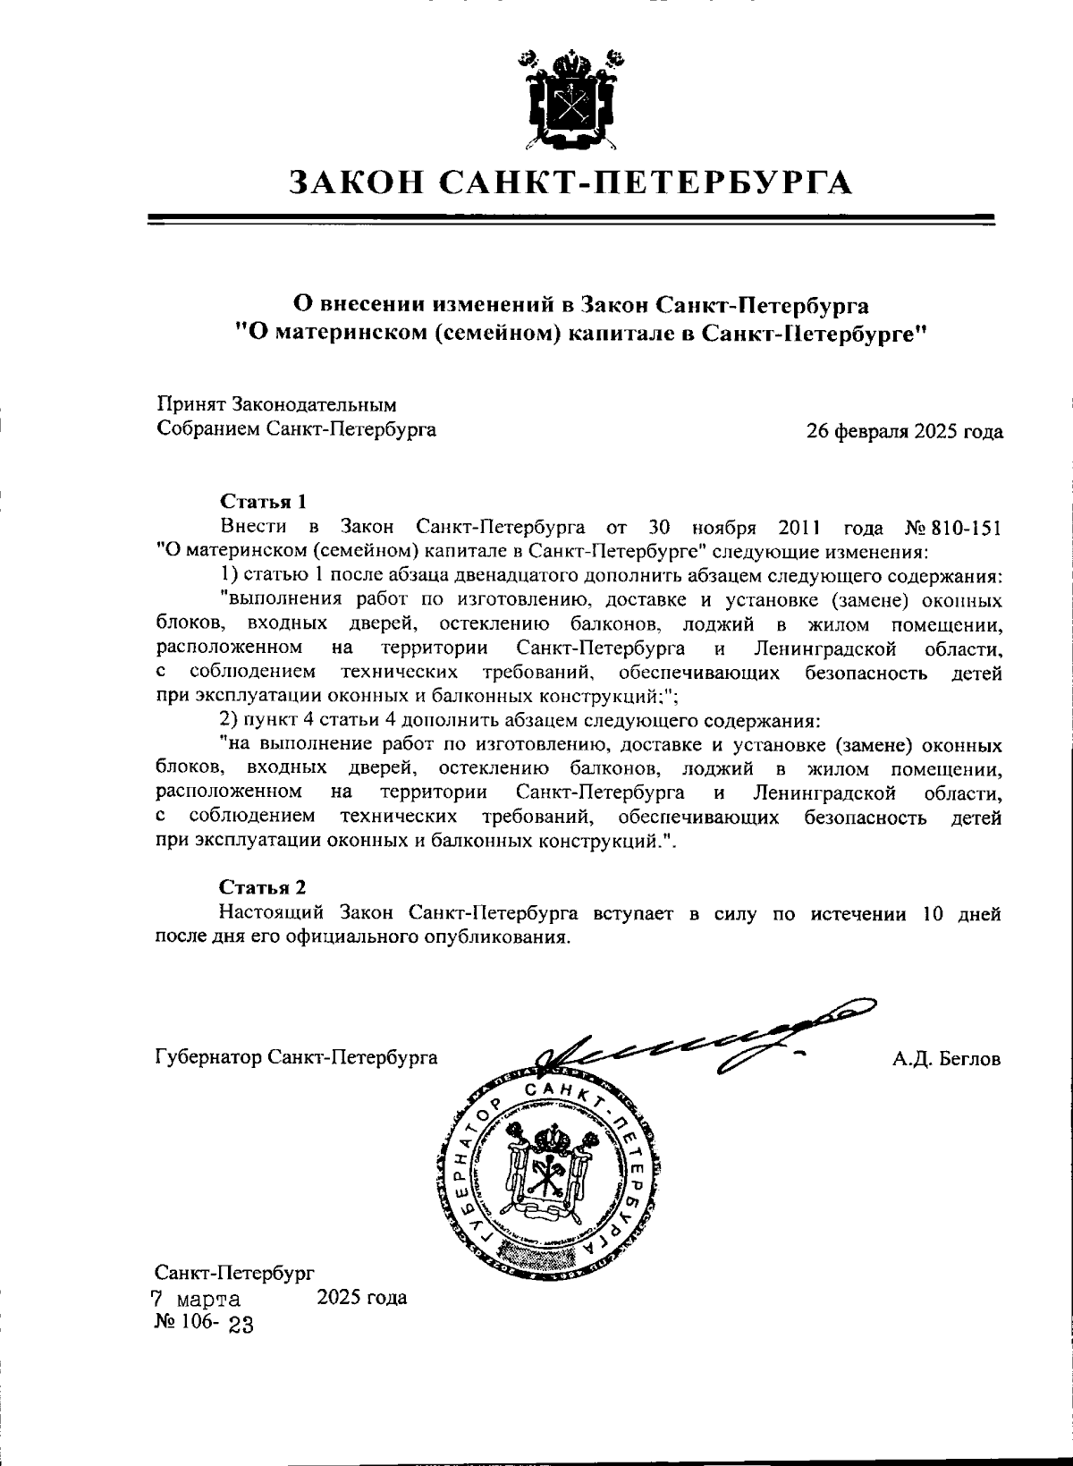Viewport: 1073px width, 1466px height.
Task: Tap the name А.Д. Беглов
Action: [x=946, y=1059]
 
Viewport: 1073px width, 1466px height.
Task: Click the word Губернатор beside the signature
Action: [x=208, y=1057]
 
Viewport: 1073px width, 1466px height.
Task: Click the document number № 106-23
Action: [x=205, y=1324]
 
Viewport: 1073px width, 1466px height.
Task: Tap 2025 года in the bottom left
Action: [x=362, y=1297]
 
